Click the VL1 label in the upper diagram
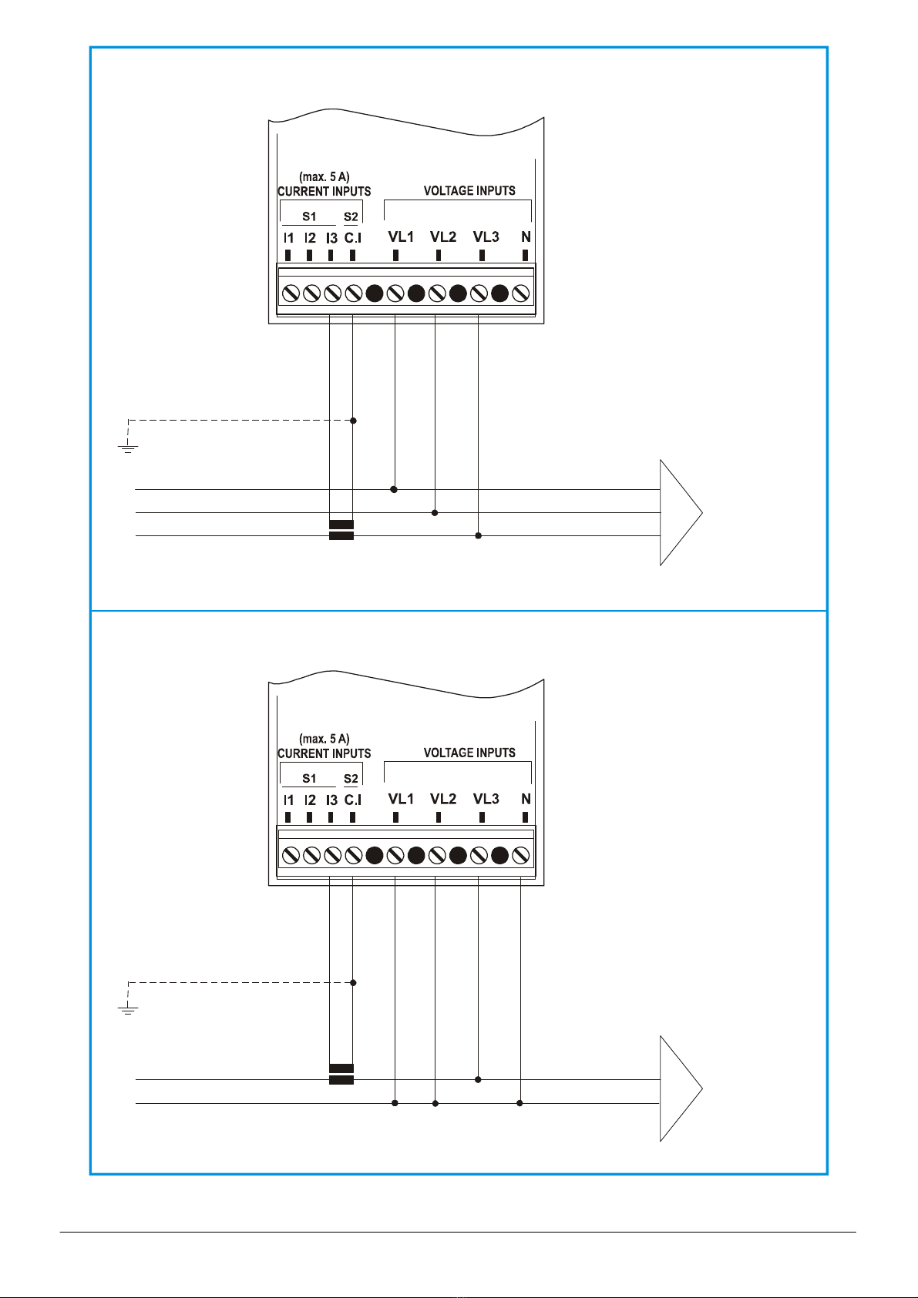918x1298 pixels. click(401, 237)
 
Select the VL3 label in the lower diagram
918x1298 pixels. click(486, 799)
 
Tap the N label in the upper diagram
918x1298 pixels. click(526, 237)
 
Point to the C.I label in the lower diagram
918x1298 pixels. click(352, 800)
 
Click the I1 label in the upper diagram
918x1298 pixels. click(289, 238)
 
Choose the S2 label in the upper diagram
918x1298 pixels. click(351, 216)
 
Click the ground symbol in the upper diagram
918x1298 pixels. click(128, 446)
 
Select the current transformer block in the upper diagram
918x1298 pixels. click(341, 530)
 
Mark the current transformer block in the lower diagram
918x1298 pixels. click(341, 1075)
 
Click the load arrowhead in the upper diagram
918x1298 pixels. click(681, 513)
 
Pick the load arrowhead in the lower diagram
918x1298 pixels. click(681, 1088)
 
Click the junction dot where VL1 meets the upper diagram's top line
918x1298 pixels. click(394, 490)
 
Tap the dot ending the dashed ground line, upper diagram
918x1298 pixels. click(353, 421)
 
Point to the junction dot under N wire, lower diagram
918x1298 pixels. click(520, 1103)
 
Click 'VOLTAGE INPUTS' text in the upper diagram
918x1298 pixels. click(469, 190)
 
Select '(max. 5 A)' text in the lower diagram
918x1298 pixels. click(324, 739)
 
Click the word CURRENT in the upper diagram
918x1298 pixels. click(304, 191)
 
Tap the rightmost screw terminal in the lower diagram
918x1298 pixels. click(521, 856)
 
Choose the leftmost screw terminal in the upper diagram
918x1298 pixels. click(291, 293)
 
